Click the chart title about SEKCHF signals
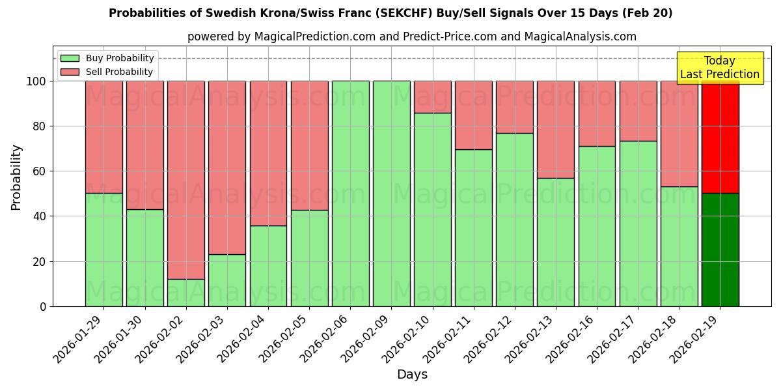click(x=390, y=13)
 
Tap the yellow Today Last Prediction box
click(x=719, y=68)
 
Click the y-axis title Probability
click(x=16, y=177)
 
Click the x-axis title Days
click(x=412, y=375)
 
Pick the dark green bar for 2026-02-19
click(x=720, y=250)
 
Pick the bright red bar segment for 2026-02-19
click(x=720, y=137)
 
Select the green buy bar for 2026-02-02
click(x=186, y=293)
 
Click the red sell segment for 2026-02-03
click(x=227, y=167)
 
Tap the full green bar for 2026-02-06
click(x=350, y=194)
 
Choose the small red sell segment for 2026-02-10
click(x=433, y=97)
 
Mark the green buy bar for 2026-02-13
click(x=556, y=242)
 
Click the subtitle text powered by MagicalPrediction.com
click(x=412, y=36)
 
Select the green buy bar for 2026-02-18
click(x=679, y=246)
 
